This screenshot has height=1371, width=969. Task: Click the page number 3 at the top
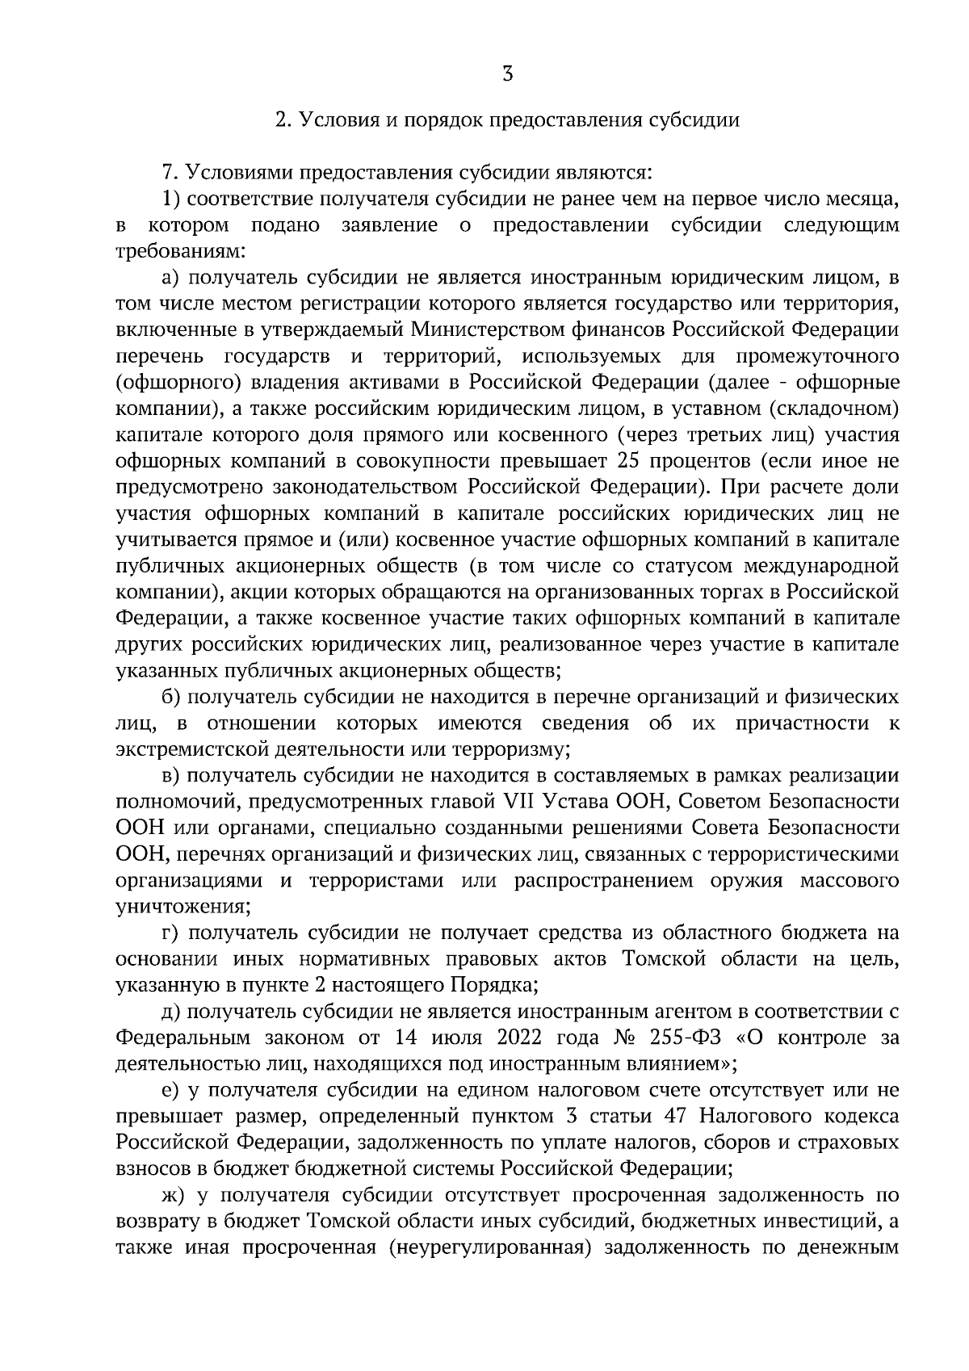(x=507, y=75)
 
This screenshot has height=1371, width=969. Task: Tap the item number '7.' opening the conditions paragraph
(x=170, y=173)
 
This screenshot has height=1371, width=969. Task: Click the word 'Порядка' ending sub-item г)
(x=503, y=986)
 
